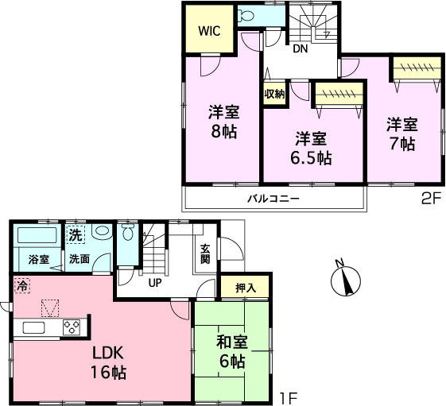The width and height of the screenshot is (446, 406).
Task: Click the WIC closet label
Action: click(x=210, y=33)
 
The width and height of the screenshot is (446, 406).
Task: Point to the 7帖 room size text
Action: click(x=402, y=144)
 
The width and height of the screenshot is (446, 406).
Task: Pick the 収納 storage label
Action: click(x=274, y=94)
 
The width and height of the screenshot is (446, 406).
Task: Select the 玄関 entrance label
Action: click(x=205, y=253)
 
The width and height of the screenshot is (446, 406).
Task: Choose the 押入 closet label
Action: click(x=246, y=288)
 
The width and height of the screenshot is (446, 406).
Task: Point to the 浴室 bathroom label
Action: click(x=38, y=259)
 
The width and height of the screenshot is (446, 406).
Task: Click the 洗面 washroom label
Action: click(x=78, y=259)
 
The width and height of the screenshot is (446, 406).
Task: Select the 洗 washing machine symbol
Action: click(x=75, y=235)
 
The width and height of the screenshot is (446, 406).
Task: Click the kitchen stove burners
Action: click(x=72, y=327)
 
